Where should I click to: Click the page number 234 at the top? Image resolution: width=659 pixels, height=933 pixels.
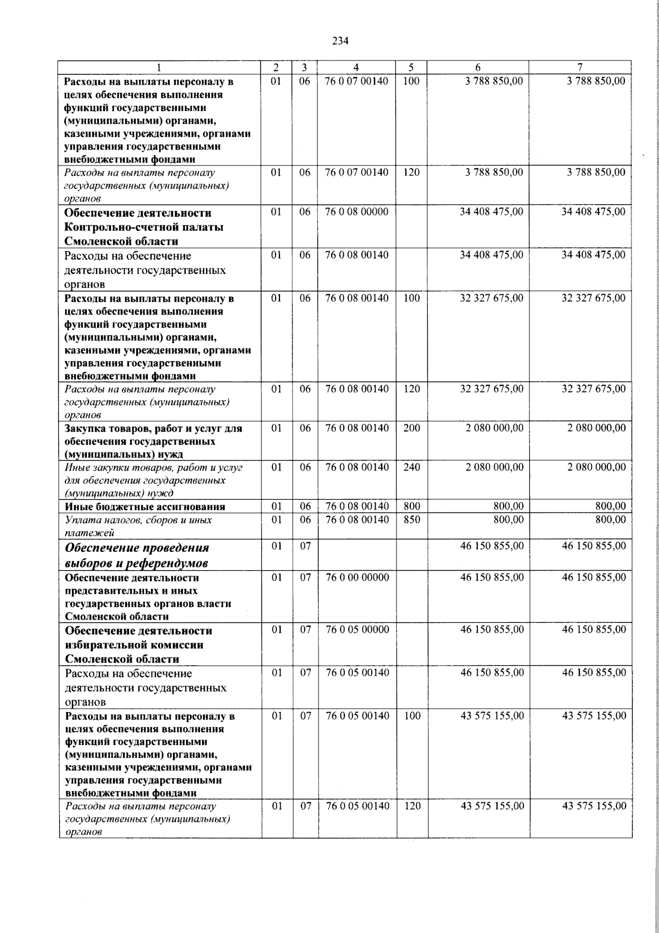coord(340,41)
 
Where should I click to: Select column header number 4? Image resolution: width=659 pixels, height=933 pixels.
coord(356,68)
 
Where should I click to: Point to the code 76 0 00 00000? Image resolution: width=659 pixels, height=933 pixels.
coord(357,577)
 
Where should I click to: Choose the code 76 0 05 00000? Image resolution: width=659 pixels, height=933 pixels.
coord(357,630)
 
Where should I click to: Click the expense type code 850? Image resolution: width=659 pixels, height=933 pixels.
coord(411,520)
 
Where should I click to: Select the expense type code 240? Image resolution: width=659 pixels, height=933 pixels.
coord(411,467)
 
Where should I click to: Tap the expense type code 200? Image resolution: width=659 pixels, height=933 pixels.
coord(411,428)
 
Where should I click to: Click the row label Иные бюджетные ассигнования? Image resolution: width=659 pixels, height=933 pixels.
coord(146,507)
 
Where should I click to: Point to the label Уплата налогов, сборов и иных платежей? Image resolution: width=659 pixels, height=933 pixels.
coord(138,526)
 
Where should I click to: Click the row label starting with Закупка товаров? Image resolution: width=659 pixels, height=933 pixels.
coord(153,441)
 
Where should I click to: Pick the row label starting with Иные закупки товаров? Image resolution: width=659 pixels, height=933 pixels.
coord(153,480)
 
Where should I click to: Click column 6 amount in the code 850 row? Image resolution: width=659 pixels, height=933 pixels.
coord(509,520)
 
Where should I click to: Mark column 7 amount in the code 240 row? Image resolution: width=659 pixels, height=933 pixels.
coord(596,467)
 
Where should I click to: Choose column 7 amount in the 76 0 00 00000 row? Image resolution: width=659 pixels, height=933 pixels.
coord(594,577)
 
